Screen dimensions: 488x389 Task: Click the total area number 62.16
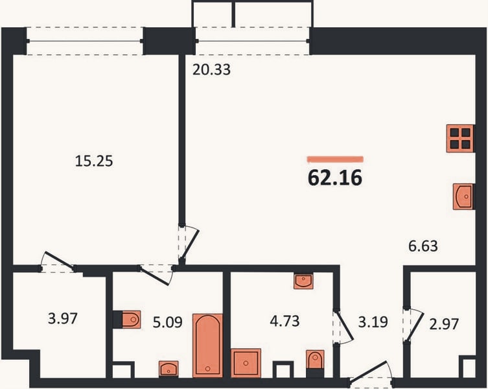(335, 178)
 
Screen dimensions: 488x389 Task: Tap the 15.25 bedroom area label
(94, 161)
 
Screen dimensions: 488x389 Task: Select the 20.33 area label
(211, 70)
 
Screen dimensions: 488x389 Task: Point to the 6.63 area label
(423, 246)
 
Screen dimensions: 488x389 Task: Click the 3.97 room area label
(63, 318)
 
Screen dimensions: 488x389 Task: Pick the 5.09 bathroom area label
(167, 322)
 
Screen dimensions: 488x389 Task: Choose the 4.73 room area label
(285, 321)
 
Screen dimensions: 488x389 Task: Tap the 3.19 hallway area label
(373, 322)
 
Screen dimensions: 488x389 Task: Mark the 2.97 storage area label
(444, 324)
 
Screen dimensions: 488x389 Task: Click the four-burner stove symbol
(460, 139)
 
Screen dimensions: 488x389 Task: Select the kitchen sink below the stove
(463, 196)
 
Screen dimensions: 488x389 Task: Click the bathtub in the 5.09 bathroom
(207, 346)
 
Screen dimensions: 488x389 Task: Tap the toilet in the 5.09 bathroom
(131, 319)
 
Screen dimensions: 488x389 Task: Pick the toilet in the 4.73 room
(315, 359)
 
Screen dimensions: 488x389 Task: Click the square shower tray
(246, 363)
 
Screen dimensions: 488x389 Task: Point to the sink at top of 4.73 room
(303, 281)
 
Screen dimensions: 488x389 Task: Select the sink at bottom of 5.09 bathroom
(168, 369)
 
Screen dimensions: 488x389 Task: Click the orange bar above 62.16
(335, 159)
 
